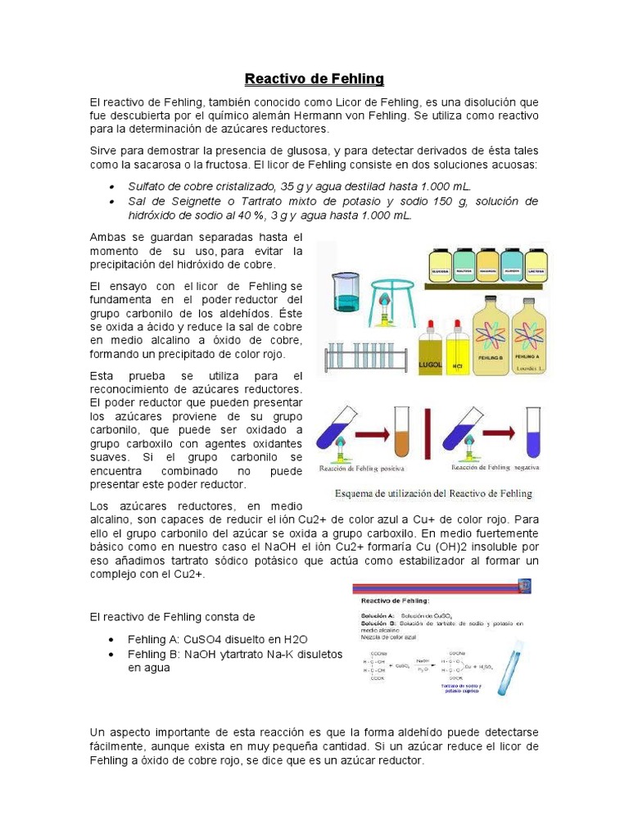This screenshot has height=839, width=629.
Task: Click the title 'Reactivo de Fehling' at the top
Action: coord(314,79)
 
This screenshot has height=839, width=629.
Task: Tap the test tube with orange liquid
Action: coord(402,434)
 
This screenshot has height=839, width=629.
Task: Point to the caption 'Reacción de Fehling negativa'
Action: coord(500,469)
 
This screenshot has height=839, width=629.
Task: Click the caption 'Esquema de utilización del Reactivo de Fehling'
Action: coord(433,493)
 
